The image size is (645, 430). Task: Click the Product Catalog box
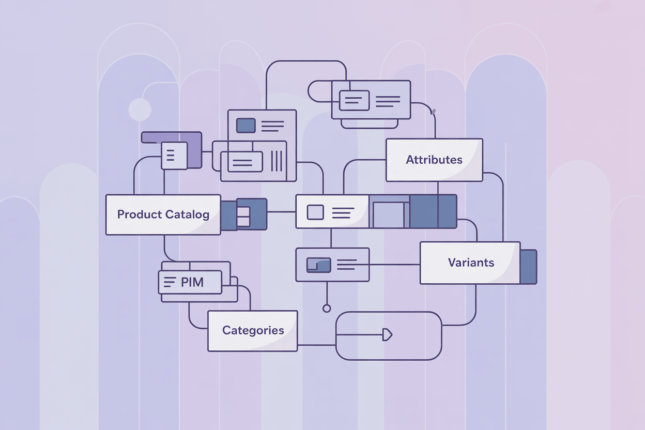[x=163, y=214]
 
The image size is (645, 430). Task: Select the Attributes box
[x=434, y=160]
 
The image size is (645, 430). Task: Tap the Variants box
[x=470, y=263]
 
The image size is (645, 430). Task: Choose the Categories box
[x=253, y=331]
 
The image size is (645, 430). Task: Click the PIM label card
[x=190, y=282]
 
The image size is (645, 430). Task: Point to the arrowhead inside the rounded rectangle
[x=387, y=334]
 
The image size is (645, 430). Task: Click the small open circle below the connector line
[x=326, y=309]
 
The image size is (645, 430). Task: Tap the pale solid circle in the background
[x=140, y=110]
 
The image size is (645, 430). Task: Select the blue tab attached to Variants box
[x=528, y=267]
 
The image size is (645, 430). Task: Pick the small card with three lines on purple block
[x=174, y=155]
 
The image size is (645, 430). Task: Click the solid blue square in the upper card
[x=245, y=126]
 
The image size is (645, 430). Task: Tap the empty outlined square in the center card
[x=315, y=212]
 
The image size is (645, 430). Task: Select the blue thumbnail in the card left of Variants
[x=318, y=265]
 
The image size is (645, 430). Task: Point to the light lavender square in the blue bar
[x=389, y=215]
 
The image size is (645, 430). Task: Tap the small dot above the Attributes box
[x=433, y=111]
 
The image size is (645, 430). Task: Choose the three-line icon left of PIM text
[x=170, y=282]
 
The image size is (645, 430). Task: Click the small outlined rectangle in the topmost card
[x=354, y=100]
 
